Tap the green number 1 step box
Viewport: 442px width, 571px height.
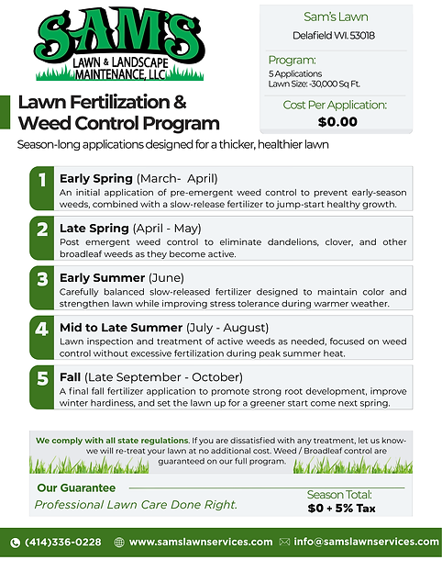(41, 187)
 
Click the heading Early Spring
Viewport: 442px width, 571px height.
(96, 178)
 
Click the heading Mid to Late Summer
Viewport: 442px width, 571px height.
(120, 327)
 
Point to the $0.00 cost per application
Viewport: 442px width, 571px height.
(337, 121)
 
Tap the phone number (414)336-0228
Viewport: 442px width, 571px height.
(63, 543)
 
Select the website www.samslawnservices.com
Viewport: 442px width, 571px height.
(201, 543)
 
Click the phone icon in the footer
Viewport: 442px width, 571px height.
(15, 543)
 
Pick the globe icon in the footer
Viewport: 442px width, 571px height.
(119, 543)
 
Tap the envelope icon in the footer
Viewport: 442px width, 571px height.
(284, 543)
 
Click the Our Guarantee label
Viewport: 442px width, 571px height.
(76, 487)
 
